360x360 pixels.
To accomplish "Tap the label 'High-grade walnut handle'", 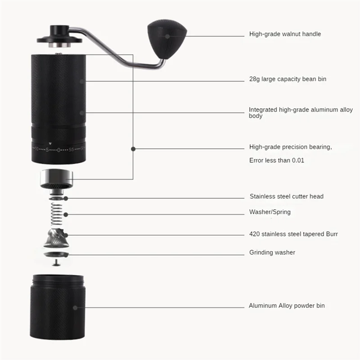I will click(x=285, y=34).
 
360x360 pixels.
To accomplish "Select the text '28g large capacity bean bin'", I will click(x=288, y=79).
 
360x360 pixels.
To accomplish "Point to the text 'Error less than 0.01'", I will click(x=277, y=160).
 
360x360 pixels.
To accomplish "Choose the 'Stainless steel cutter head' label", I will click(x=286, y=197).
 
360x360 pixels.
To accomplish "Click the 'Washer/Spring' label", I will click(x=270, y=211).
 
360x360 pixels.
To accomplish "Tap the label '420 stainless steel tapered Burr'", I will click(x=293, y=234).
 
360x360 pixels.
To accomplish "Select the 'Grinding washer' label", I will click(x=272, y=252).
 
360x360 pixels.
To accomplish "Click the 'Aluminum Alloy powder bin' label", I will click(x=287, y=306).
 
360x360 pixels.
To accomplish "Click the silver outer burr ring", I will click(x=56, y=179).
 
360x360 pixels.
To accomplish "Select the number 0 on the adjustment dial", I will click(x=59, y=149).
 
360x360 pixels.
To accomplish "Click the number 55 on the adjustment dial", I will click(x=71, y=149).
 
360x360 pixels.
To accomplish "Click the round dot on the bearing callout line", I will click(x=133, y=148).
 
